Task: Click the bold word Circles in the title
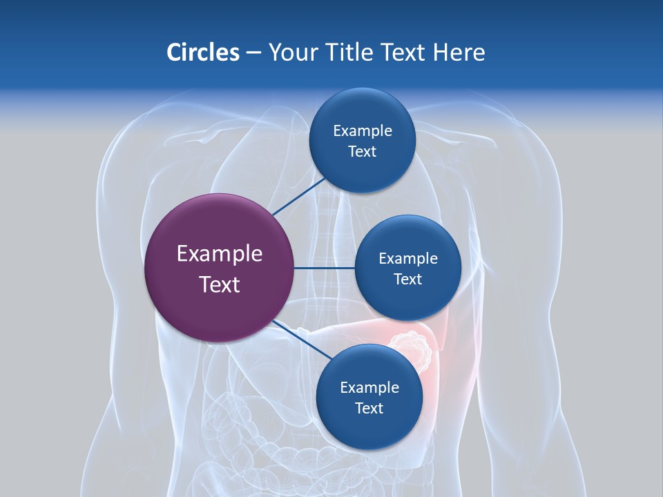pyautogui.click(x=202, y=52)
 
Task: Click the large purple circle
pyautogui.click(x=219, y=268)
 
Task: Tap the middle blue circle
pyautogui.click(x=407, y=268)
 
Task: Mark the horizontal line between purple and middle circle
pyautogui.click(x=324, y=268)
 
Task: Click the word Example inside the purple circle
pyautogui.click(x=220, y=254)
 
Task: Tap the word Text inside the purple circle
pyautogui.click(x=220, y=284)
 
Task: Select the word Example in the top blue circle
pyautogui.click(x=363, y=130)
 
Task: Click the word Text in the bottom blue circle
pyautogui.click(x=369, y=409)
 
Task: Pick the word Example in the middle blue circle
pyautogui.click(x=408, y=258)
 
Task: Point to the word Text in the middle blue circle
pyautogui.click(x=407, y=279)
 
